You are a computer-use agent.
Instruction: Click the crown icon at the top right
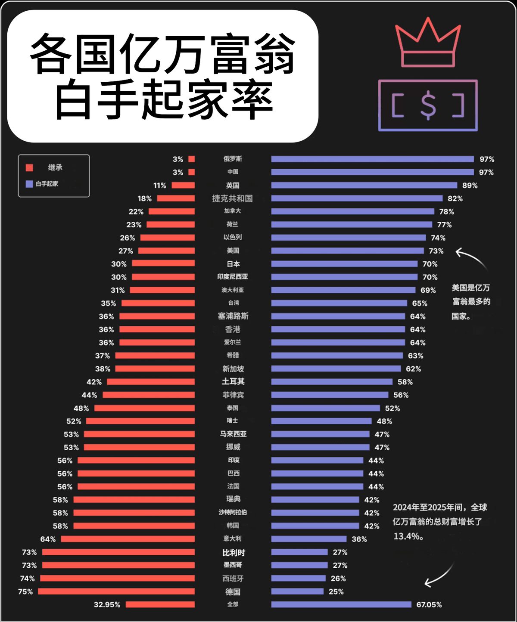click(x=427, y=43)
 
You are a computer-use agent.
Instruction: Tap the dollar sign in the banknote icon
click(x=428, y=106)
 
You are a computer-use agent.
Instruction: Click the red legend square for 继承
click(x=29, y=167)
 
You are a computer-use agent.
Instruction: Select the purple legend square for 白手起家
click(x=29, y=184)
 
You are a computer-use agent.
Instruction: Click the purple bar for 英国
click(x=364, y=186)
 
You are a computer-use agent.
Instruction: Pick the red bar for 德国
click(x=116, y=591)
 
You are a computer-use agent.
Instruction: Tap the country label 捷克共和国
click(x=232, y=198)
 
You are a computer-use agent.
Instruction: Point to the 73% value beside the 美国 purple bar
click(x=436, y=251)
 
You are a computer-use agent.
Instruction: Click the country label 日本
click(x=233, y=264)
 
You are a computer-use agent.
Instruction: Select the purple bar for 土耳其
click(x=332, y=382)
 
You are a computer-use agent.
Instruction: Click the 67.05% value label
click(x=429, y=605)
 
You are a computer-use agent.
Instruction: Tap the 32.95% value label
click(x=107, y=605)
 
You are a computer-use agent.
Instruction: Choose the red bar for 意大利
click(x=128, y=539)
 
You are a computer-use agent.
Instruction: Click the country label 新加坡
click(x=233, y=369)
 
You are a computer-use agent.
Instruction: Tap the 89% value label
click(x=470, y=186)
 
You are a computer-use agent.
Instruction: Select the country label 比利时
click(x=234, y=553)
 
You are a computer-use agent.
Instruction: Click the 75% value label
click(x=25, y=592)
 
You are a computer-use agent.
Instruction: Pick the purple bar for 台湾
click(x=339, y=303)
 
